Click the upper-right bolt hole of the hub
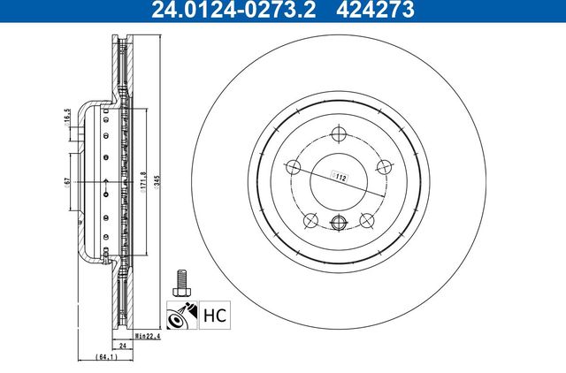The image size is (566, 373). tap(384, 164)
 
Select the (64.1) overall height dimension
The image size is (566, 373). tap(107, 357)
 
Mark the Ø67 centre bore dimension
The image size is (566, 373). tap(67, 181)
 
